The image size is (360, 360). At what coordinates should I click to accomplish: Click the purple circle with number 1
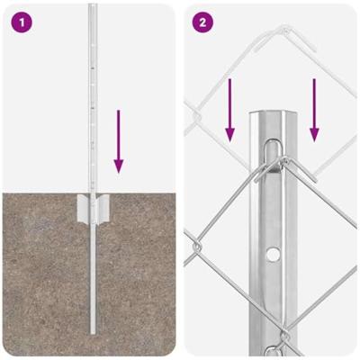pos(22,22)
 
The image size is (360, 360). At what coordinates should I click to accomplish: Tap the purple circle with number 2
pos(202,22)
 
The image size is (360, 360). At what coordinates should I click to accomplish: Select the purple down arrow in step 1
pos(119,141)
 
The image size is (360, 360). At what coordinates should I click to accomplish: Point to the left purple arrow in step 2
pos(229,110)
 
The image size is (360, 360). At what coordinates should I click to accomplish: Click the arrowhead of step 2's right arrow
pos(314,134)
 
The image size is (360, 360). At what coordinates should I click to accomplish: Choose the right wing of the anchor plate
pos(103,208)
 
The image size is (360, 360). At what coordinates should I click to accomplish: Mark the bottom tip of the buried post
pos(93,333)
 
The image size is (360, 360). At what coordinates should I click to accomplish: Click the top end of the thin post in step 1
pos(93,4)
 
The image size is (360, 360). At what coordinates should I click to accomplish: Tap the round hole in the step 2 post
pos(273,254)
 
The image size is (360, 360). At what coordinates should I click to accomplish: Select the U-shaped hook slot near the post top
pos(272,156)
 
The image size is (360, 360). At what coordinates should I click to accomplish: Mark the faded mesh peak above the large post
pos(285,30)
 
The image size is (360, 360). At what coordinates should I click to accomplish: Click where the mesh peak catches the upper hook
pos(283,161)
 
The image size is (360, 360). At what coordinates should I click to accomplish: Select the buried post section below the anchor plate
pos(93,277)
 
